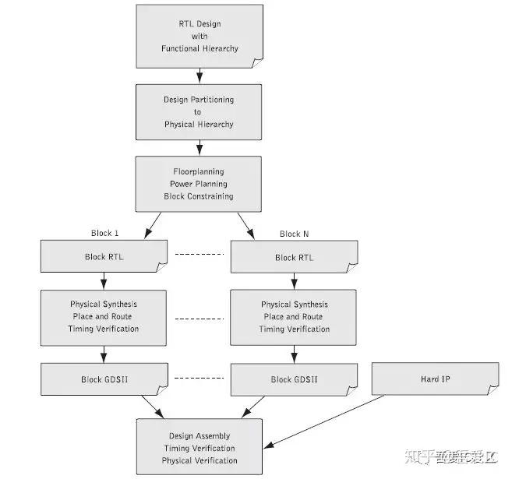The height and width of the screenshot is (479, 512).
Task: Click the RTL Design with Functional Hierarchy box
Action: (200, 36)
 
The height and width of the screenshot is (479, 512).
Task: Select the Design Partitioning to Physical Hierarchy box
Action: (200, 112)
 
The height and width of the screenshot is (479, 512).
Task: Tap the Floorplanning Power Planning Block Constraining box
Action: (200, 184)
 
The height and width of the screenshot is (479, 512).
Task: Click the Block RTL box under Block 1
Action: (104, 257)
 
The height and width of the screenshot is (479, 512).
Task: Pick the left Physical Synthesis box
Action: (104, 317)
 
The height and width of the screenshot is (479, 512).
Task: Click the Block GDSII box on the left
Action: (104, 379)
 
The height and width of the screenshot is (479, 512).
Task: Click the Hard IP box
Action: (435, 379)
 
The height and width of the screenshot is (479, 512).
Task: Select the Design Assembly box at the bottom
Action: (200, 448)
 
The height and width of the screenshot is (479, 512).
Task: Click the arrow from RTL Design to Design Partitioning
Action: (200, 75)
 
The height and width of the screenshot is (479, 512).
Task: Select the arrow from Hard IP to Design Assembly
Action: (327, 421)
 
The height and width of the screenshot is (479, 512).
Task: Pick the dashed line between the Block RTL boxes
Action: (200, 255)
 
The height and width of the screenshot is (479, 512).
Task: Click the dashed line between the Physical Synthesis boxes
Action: (200, 318)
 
